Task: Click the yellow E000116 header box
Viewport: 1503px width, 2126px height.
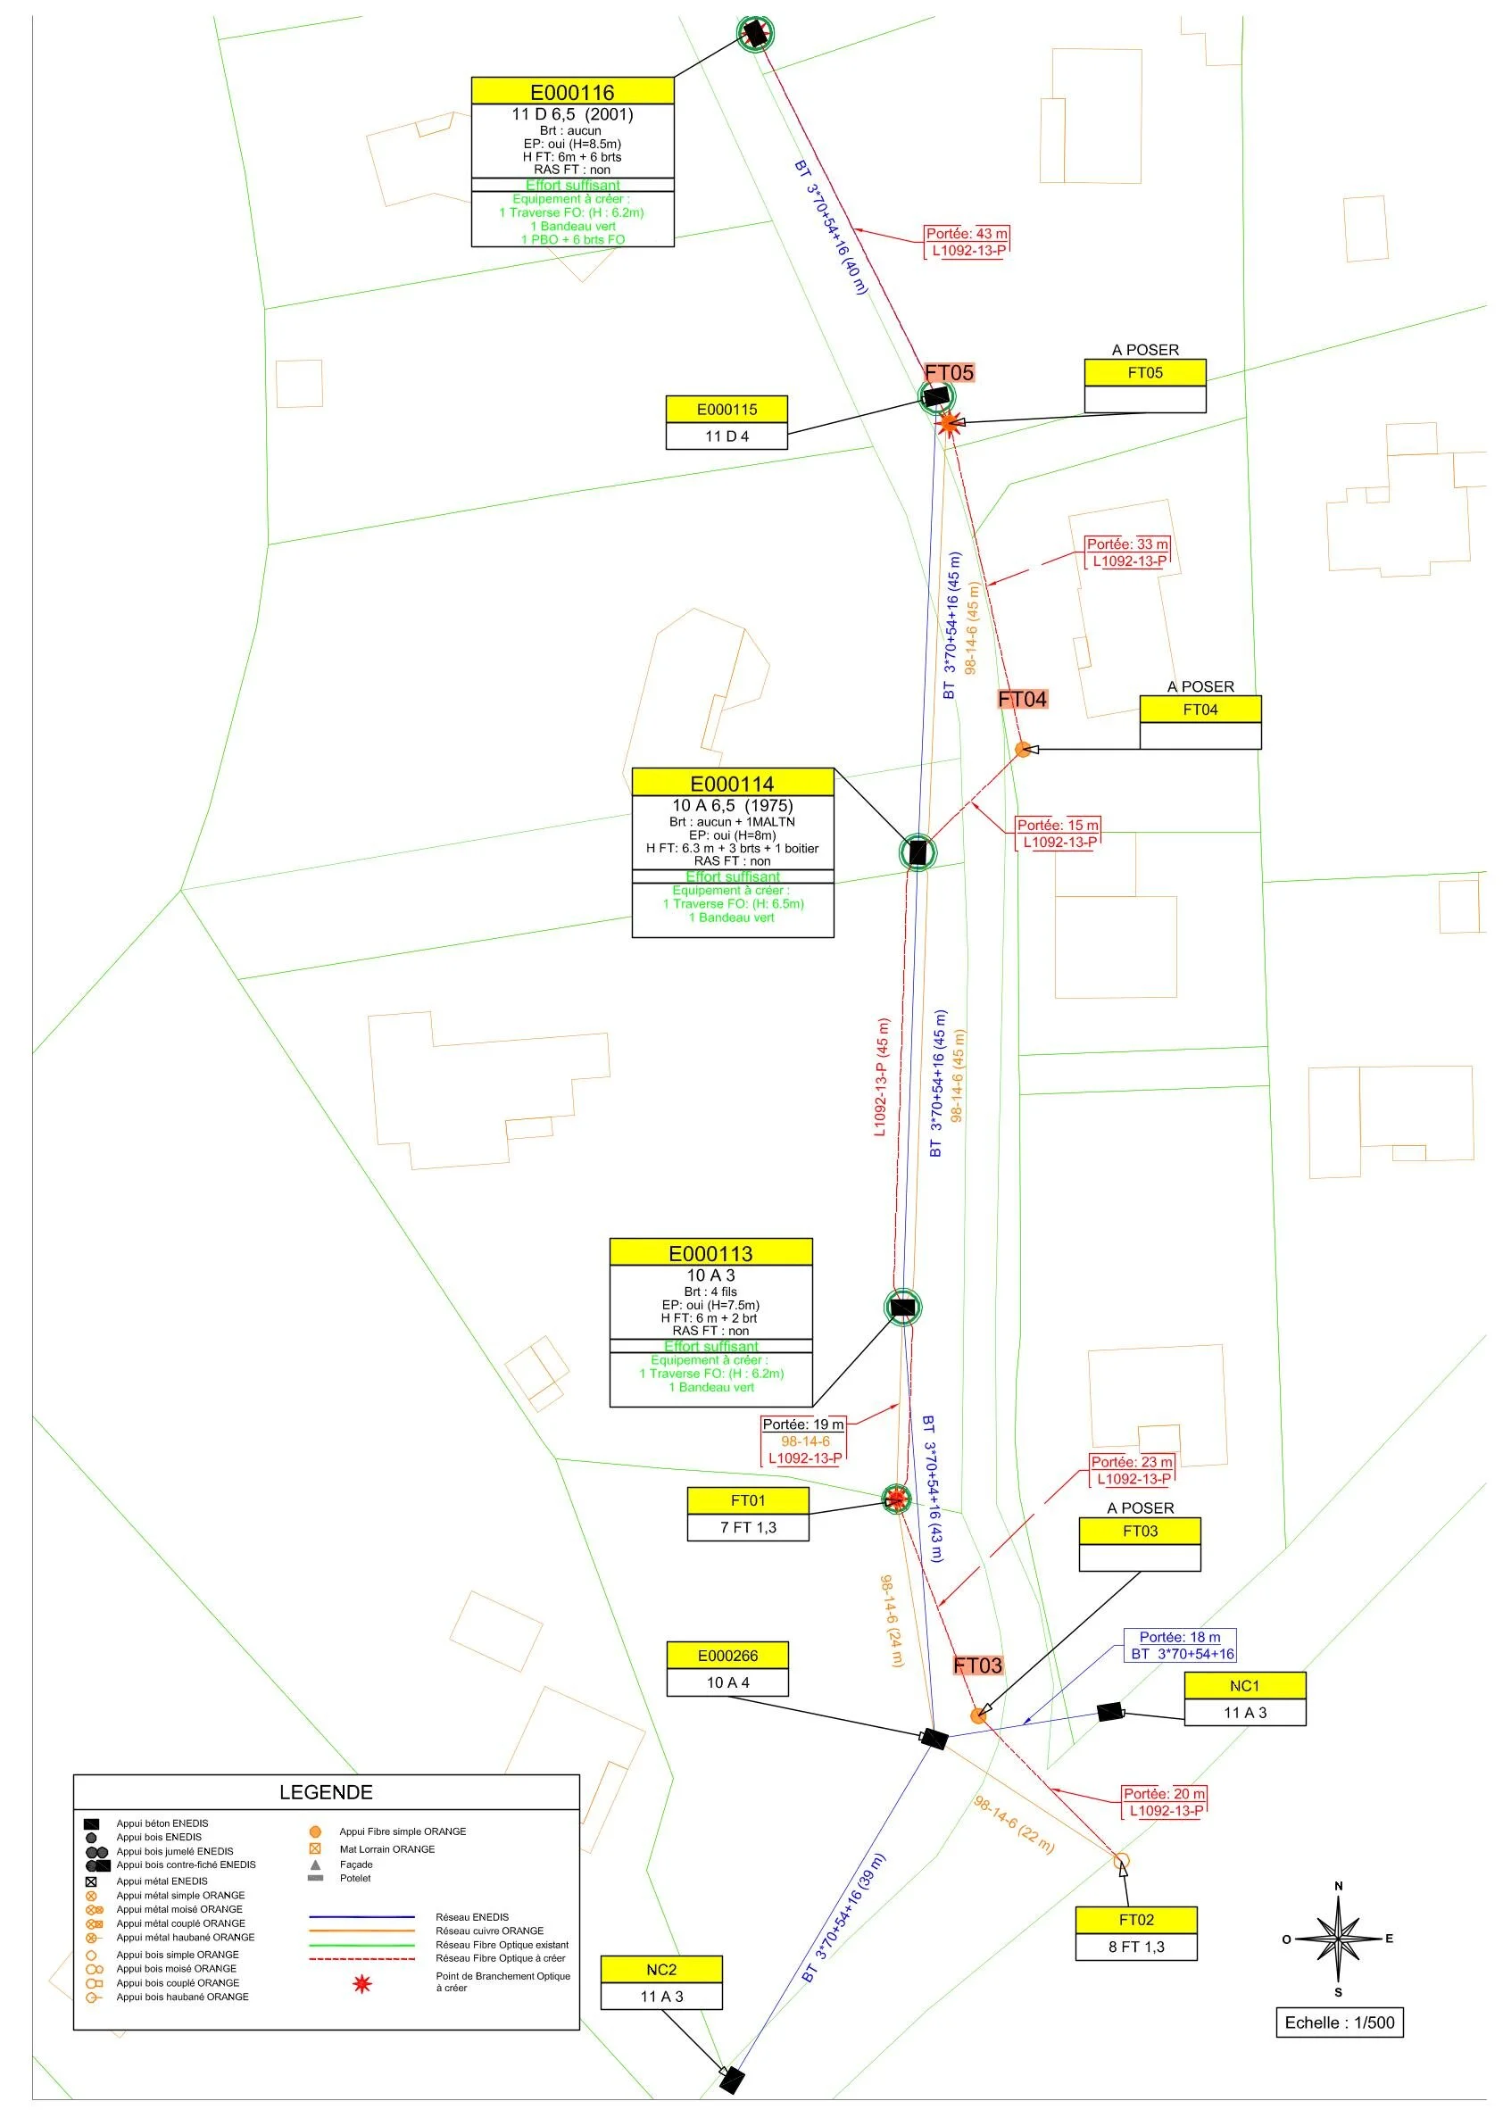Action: click(572, 92)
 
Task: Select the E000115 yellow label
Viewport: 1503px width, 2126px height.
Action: click(727, 410)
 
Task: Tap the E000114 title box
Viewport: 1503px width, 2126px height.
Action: click(732, 784)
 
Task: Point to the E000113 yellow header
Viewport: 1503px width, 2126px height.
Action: click(710, 1253)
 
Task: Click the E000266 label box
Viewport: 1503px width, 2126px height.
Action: click(727, 1656)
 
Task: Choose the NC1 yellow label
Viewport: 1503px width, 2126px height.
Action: click(1245, 1685)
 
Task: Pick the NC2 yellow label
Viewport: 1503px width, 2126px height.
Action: click(661, 1970)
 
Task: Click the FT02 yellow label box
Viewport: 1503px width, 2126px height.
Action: click(1136, 1920)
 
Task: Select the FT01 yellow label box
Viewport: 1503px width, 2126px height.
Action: click(748, 1500)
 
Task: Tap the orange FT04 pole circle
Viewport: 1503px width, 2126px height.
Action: click(1022, 749)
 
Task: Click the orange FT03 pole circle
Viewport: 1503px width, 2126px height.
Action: click(979, 1715)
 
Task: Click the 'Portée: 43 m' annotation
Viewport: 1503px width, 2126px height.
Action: click(967, 234)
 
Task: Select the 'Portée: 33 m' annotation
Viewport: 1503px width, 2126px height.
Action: click(1127, 544)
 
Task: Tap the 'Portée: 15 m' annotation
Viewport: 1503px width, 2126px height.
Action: click(1058, 825)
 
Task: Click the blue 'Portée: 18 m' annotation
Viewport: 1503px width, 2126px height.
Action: click(1180, 1637)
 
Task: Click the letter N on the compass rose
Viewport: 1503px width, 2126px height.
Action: click(1338, 1887)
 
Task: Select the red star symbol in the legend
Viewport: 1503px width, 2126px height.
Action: click(361, 1984)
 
